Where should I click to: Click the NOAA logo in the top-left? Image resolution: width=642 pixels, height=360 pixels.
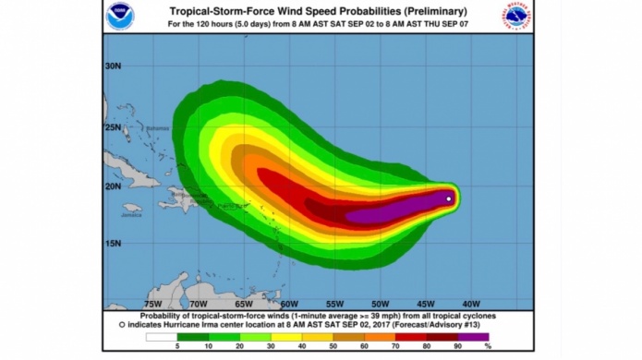[x=120, y=16]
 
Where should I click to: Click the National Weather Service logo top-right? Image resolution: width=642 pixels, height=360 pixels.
[x=517, y=16]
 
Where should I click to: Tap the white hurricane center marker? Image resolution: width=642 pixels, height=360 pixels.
[x=449, y=198]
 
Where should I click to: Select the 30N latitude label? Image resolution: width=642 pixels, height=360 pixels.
[x=114, y=66]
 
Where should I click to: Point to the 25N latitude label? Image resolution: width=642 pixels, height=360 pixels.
[x=114, y=126]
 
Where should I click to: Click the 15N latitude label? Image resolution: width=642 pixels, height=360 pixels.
[x=114, y=244]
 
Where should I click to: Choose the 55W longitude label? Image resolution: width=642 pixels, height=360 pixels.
[x=334, y=303]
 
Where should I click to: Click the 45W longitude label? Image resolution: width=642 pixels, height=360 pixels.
[x=425, y=303]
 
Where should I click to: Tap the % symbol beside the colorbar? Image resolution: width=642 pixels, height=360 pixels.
[x=488, y=346]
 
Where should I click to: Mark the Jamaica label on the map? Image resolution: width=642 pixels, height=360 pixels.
[x=131, y=215]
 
